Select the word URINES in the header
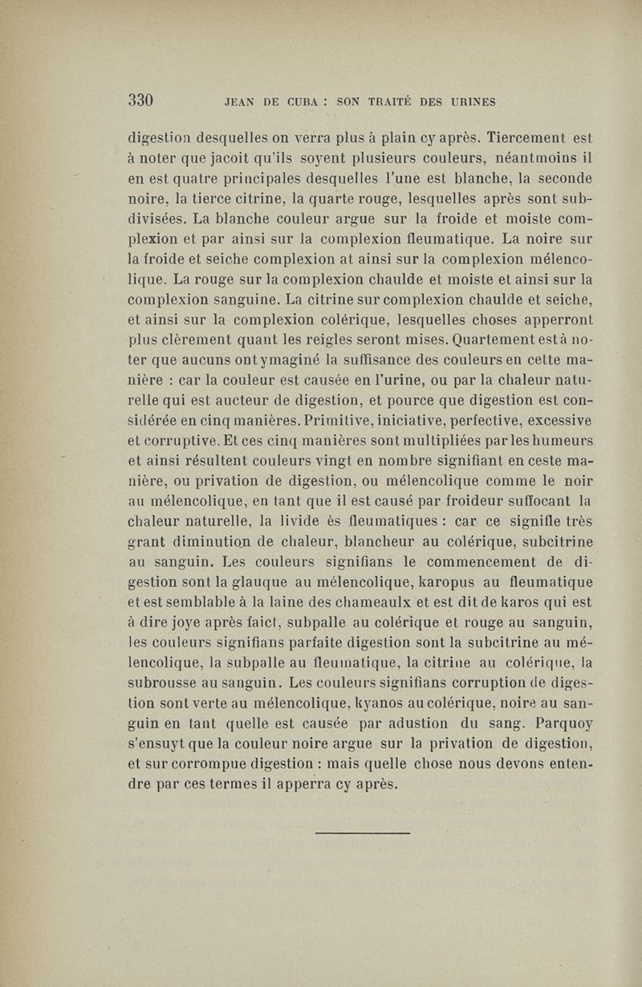(x=467, y=102)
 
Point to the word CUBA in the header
(x=308, y=102)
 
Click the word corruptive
(x=176, y=441)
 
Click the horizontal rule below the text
(x=363, y=832)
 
